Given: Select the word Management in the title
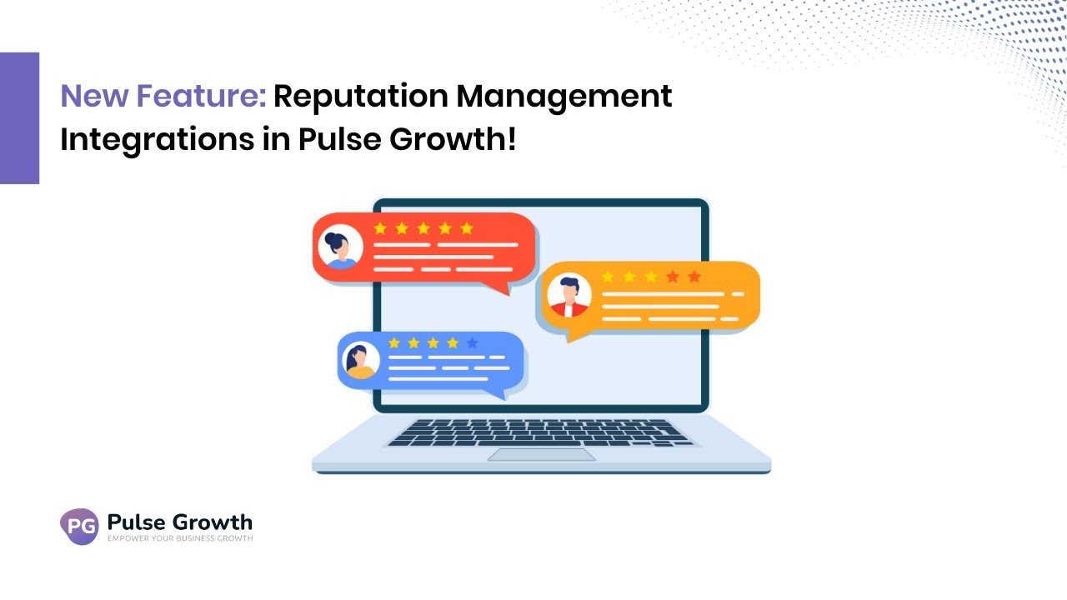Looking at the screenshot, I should (564, 97).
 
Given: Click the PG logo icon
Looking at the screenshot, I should (79, 527).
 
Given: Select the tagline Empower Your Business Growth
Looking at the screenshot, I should (180, 539).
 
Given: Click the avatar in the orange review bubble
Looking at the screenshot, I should (569, 295).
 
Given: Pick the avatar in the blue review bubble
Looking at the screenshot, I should (361, 361).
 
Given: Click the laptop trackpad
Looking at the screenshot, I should (542, 454).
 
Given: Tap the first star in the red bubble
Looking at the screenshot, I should (380, 228).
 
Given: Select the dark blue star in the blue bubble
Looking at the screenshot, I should (473, 342).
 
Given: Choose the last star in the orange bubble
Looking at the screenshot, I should (694, 277).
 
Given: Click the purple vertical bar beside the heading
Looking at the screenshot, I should (19, 117).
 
